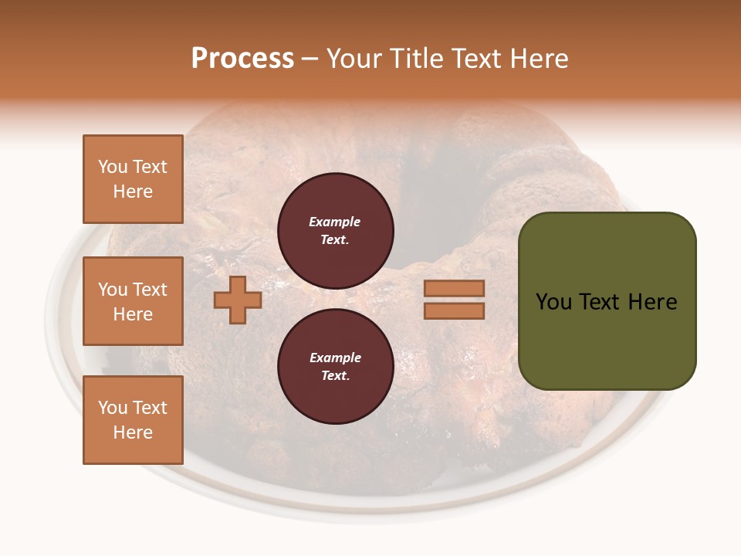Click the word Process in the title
click(x=242, y=59)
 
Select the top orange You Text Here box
click(x=133, y=179)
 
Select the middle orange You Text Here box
click(x=133, y=301)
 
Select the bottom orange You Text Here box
click(x=133, y=420)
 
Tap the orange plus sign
click(x=238, y=300)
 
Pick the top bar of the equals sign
click(x=454, y=288)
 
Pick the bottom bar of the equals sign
click(x=454, y=311)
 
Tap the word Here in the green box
click(x=652, y=302)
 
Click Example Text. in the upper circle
click(x=335, y=231)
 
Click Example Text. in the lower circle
click(x=335, y=367)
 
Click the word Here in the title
click(x=538, y=59)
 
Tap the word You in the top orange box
click(x=112, y=167)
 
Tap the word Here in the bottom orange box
click(x=133, y=432)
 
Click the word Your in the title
click(x=354, y=59)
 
